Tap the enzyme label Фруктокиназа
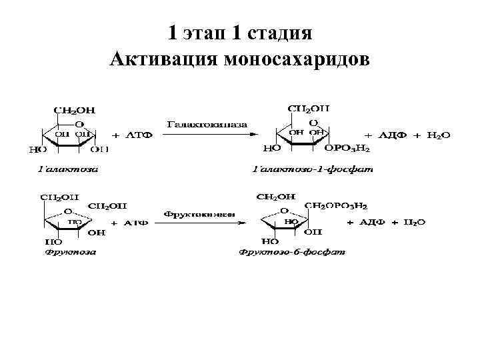click(199, 213)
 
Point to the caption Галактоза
click(67, 169)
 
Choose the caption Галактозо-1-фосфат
click(313, 169)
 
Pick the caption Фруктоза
click(70, 252)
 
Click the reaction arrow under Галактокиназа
click(206, 133)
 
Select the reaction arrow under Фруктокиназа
click(204, 222)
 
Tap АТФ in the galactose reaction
click(141, 135)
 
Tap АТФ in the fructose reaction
click(139, 223)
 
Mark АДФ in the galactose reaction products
click(392, 135)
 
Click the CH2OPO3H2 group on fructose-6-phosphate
click(336, 206)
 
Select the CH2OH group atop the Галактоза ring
click(74, 109)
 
